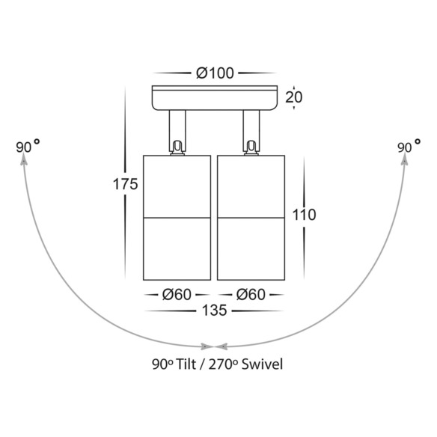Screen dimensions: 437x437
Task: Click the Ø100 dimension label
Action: point(215,73)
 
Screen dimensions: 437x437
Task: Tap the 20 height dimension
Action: point(294,97)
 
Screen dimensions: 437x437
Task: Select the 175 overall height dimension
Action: point(125,184)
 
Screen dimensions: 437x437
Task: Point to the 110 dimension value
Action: point(304,215)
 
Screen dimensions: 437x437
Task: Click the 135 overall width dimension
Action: point(214,311)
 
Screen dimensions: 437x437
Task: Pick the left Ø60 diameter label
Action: point(177,295)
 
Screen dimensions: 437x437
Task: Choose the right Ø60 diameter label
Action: point(251,295)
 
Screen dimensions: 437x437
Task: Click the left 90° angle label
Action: point(28,147)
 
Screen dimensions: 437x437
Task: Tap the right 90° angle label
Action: point(409,147)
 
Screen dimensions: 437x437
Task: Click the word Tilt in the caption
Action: point(186,364)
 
